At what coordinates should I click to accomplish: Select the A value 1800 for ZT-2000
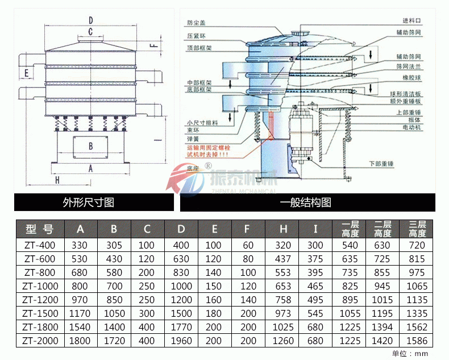[x=80, y=341]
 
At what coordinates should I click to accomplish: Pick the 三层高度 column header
[x=417, y=229]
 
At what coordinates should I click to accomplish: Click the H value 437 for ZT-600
[x=282, y=259]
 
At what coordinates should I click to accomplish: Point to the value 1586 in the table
[x=417, y=341]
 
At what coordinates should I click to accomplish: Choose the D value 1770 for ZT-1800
[x=181, y=327]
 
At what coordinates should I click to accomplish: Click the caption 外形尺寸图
[x=89, y=202]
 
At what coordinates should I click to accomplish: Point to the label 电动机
[x=413, y=128]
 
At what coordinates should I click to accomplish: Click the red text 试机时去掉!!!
[x=208, y=154]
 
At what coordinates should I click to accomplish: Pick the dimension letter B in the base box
[x=90, y=145]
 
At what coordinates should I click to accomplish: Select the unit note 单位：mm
[x=410, y=353]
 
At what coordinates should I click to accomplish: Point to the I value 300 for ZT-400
[x=315, y=245]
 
